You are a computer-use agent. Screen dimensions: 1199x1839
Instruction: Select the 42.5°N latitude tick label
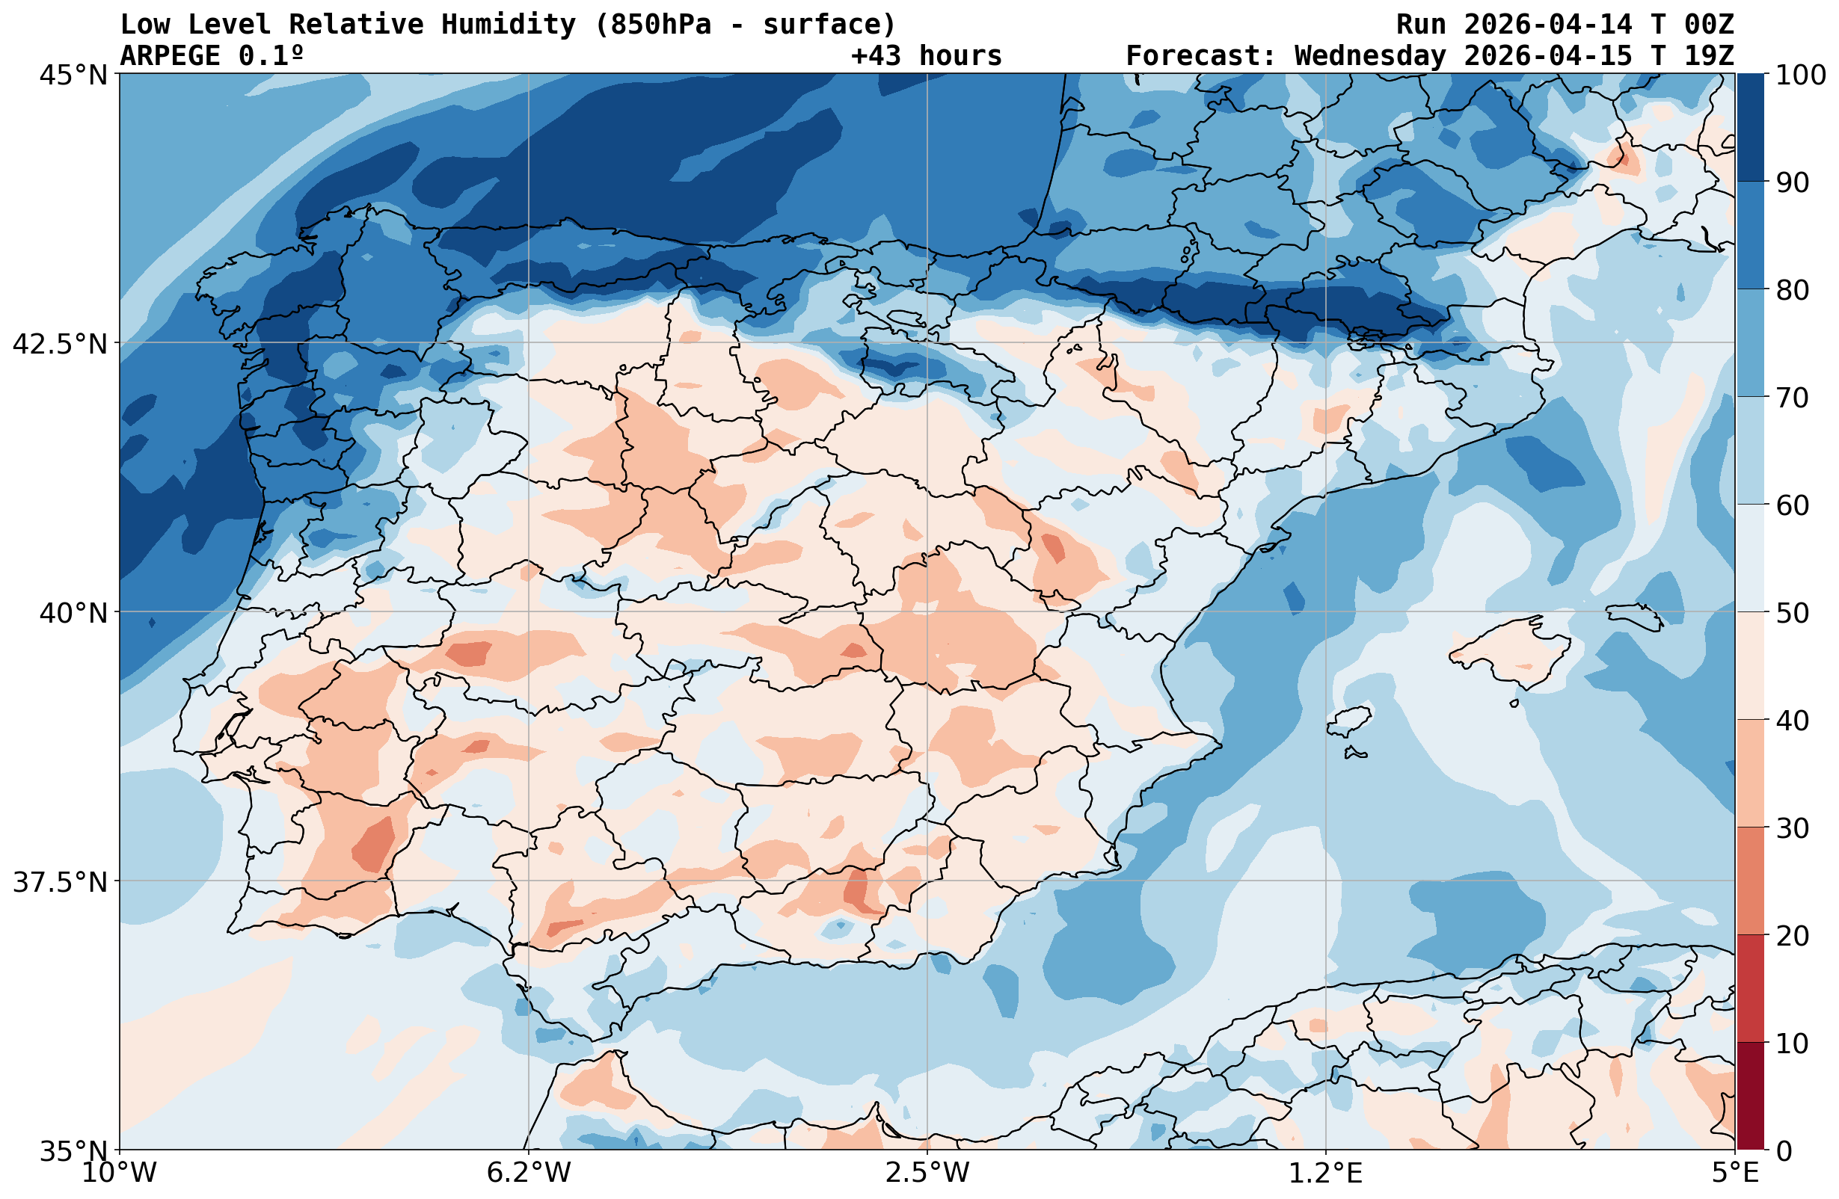click(60, 343)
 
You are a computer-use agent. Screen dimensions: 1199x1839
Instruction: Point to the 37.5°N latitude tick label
click(60, 881)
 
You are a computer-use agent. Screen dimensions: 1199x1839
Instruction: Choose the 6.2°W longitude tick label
click(529, 1173)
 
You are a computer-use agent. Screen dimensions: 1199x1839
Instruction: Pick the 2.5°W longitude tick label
click(927, 1173)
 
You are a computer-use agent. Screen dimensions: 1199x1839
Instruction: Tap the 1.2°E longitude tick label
click(1326, 1173)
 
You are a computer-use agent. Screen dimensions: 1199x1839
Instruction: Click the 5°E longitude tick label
click(1736, 1173)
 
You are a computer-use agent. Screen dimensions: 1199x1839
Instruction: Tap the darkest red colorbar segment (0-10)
click(1751, 1096)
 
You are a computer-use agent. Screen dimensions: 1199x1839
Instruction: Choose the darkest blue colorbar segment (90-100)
click(1751, 128)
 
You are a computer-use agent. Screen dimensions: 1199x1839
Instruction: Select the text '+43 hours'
click(926, 55)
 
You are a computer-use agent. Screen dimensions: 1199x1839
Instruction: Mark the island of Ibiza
click(1348, 721)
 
